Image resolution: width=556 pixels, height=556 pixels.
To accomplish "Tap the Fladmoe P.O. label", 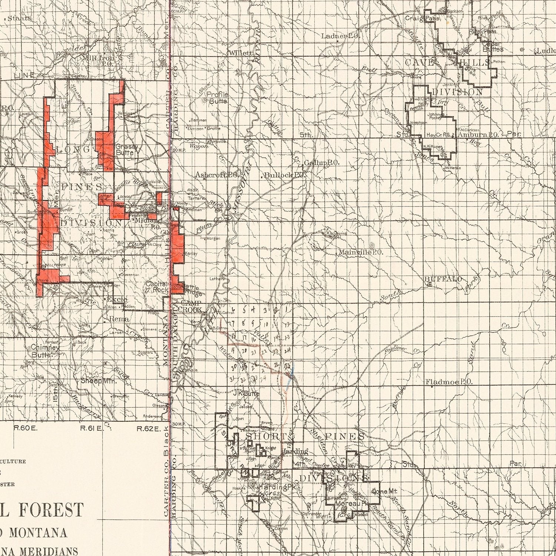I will click(x=449, y=382).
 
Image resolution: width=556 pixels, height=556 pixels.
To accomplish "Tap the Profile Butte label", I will click(x=217, y=97).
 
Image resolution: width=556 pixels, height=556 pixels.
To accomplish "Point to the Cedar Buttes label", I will click(x=493, y=46).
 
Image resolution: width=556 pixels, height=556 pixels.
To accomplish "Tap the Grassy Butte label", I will click(x=127, y=149).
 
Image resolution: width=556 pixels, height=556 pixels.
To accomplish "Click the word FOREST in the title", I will click(x=51, y=510).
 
